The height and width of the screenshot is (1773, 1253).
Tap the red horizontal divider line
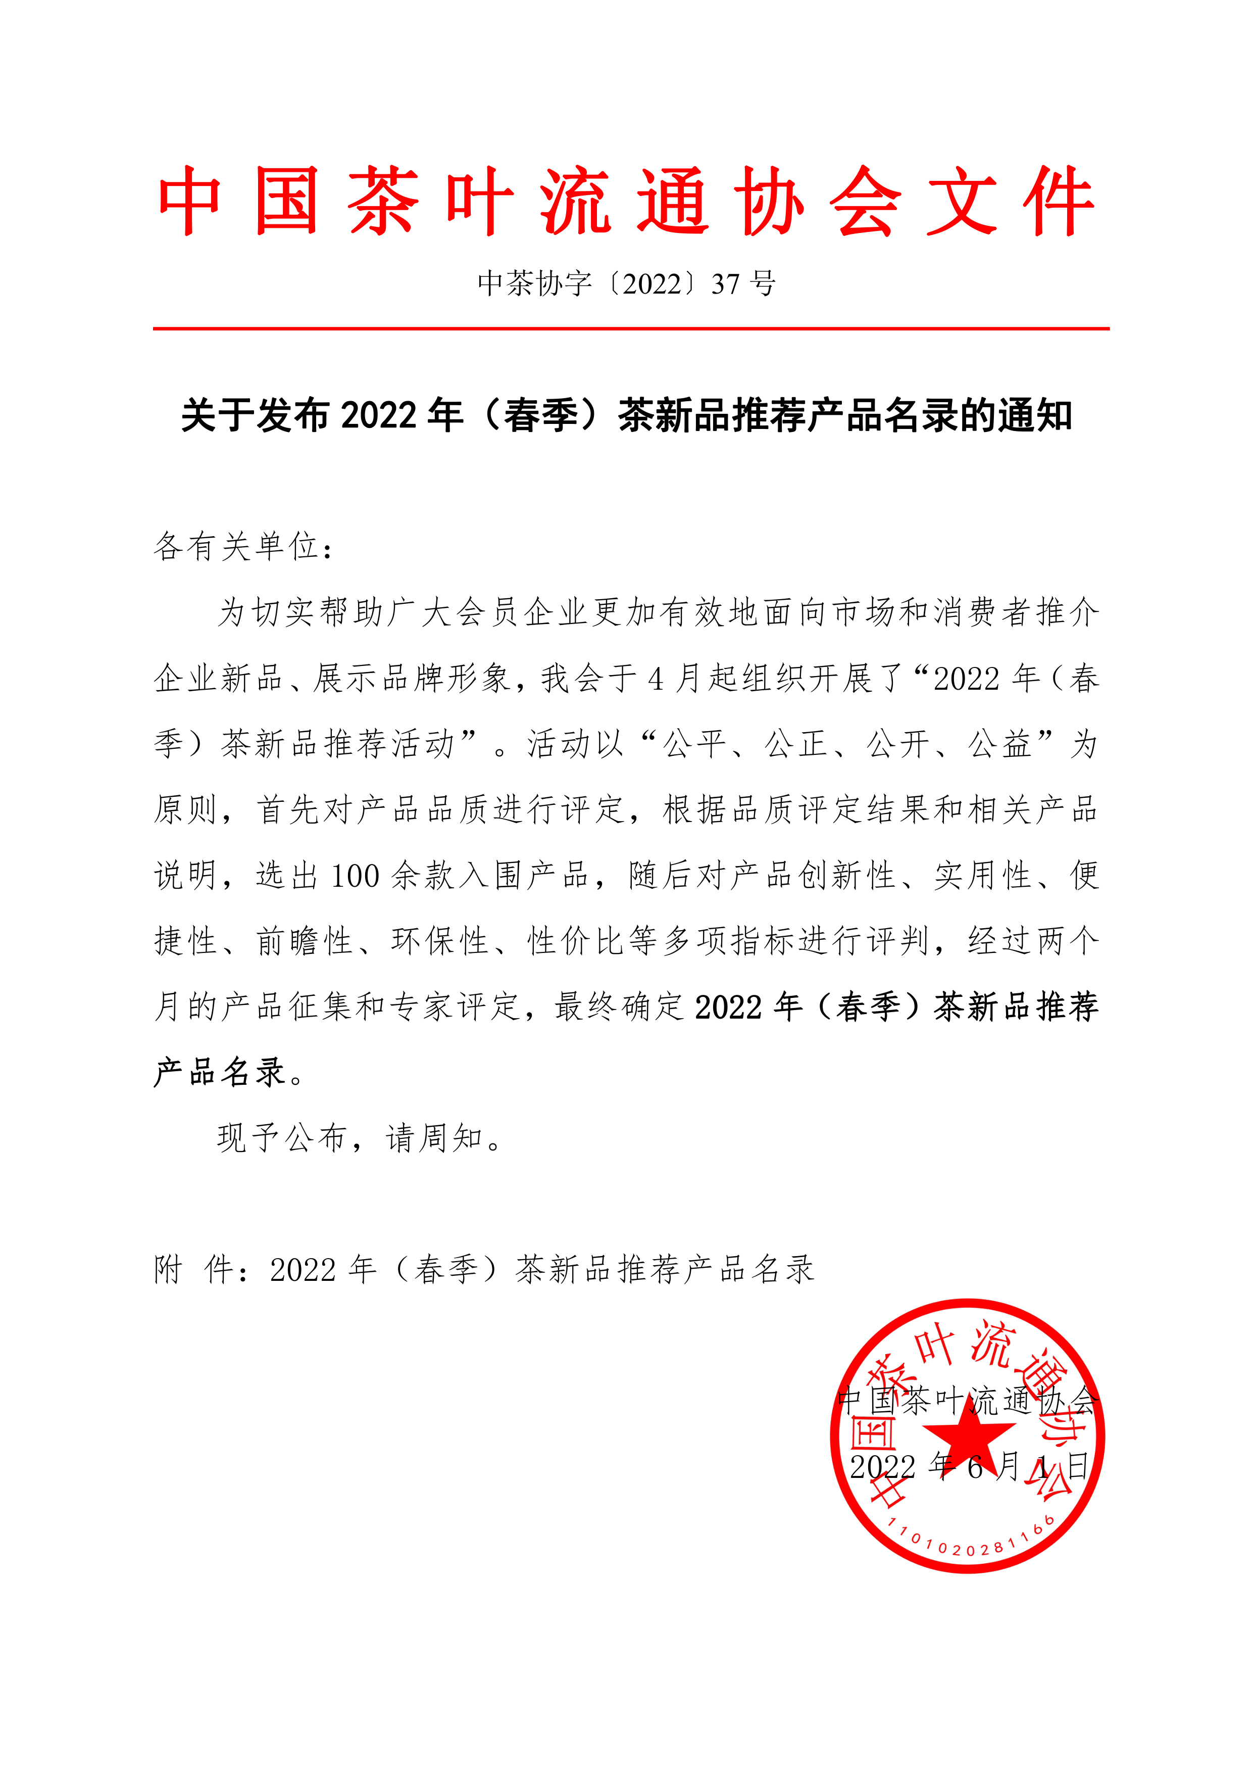[x=631, y=329]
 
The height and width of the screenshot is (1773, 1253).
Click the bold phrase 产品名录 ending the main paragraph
[x=220, y=1073]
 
